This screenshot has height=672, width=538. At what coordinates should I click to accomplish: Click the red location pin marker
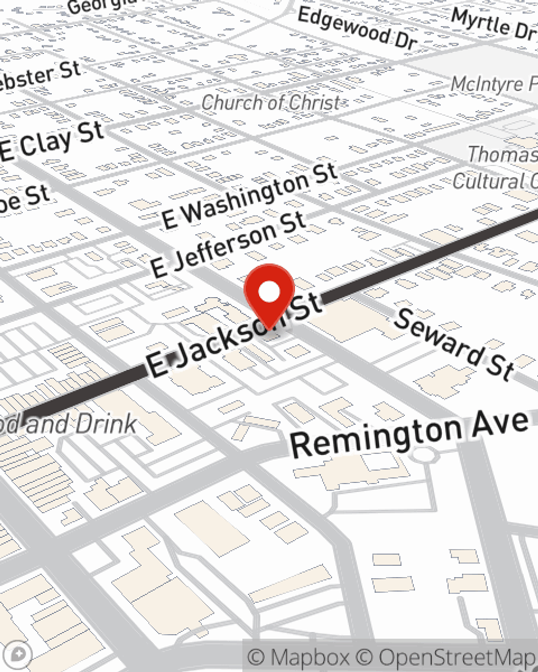coord(269,293)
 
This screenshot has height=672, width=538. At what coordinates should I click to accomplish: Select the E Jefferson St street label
coord(229,245)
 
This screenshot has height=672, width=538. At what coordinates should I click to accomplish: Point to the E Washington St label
coord(250,196)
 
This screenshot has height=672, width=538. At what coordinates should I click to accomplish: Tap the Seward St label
coord(455,344)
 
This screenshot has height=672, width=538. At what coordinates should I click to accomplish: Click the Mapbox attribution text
coord(299,657)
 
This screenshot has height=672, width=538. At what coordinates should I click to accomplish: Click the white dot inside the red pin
coord(269,292)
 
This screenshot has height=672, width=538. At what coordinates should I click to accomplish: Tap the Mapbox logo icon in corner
coord(18,654)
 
